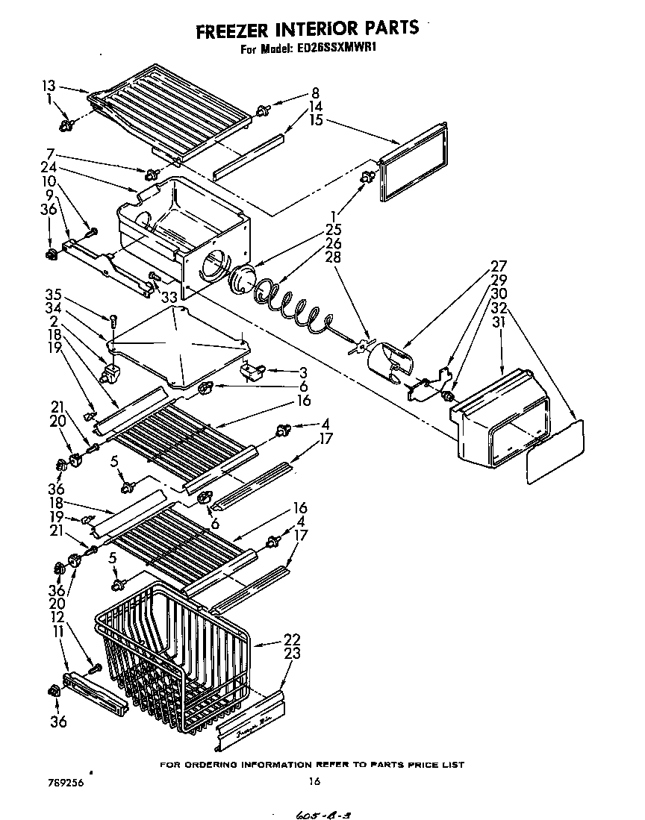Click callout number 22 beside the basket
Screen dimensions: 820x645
(293, 639)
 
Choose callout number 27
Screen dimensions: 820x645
(499, 266)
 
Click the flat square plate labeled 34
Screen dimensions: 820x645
(178, 348)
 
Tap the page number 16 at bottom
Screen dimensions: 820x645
(314, 781)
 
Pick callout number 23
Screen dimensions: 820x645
(293, 653)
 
